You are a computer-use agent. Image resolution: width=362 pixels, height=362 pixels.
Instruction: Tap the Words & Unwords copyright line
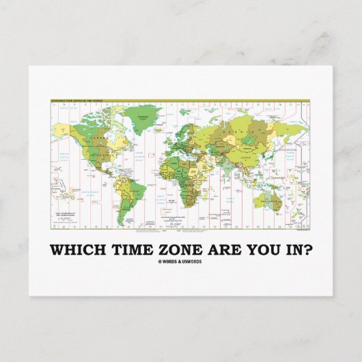[181, 260]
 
